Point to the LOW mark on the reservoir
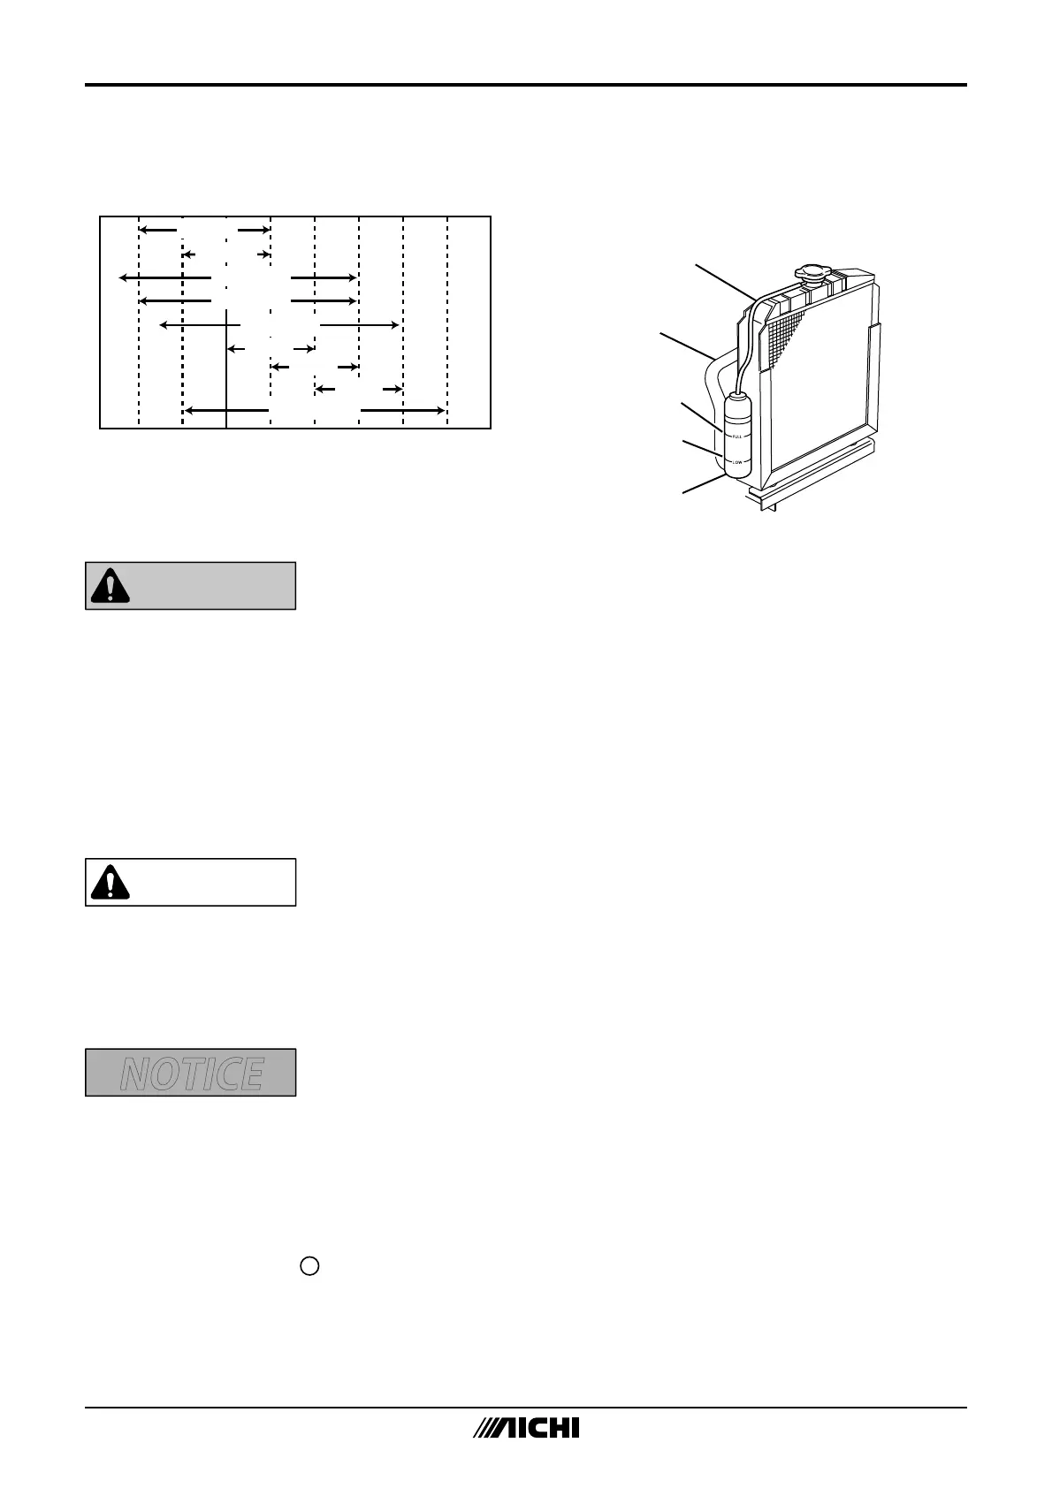point(736,462)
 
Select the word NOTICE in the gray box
point(191,1073)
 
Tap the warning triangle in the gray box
point(110,586)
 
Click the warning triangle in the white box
point(110,883)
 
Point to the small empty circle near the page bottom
point(309,1266)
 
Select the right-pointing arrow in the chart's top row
point(253,230)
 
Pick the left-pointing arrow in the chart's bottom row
point(225,410)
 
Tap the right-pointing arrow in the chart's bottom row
point(402,410)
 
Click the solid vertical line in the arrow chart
point(226,371)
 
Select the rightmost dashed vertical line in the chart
point(447,323)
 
